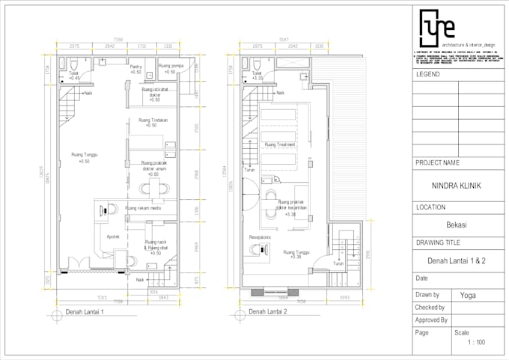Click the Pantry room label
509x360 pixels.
pyautogui.click(x=135, y=67)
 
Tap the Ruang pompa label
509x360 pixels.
pyautogui.click(x=171, y=66)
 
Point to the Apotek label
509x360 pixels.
pyautogui.click(x=113, y=237)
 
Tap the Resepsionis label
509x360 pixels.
pyautogui.click(x=260, y=237)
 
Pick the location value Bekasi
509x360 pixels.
pyautogui.click(x=457, y=224)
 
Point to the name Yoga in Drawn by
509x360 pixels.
pyautogui.click(x=468, y=295)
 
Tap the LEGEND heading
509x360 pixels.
pyautogui.click(x=428, y=75)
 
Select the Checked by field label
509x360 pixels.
pyautogui.click(x=430, y=307)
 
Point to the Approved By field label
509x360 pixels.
pyautogui.click(x=431, y=320)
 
